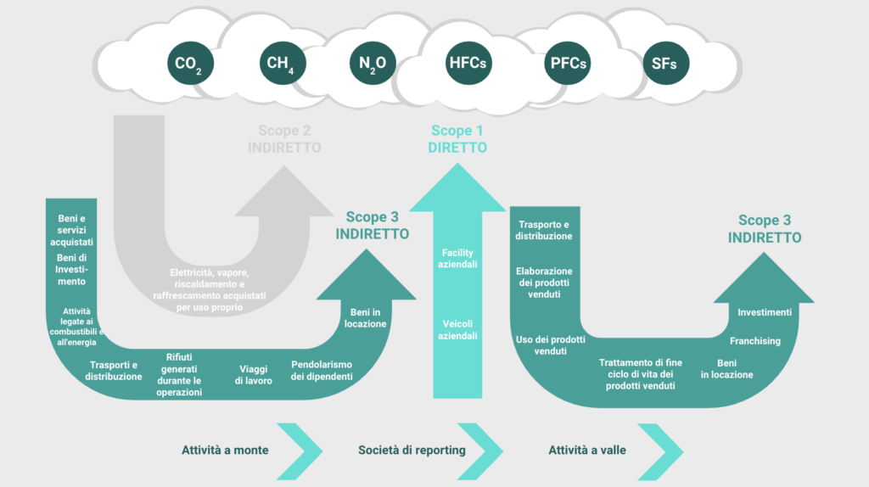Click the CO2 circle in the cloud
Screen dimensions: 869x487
[x=190, y=63]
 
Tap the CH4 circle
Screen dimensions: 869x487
[x=283, y=63]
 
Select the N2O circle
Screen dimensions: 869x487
[x=373, y=63]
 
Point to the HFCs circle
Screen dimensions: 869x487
[x=468, y=63]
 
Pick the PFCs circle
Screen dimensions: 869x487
[x=568, y=63]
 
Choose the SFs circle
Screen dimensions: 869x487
[x=665, y=63]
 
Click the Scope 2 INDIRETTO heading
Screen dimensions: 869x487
[x=284, y=139]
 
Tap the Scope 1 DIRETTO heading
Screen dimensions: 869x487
[x=457, y=139]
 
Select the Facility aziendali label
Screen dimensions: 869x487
[x=457, y=259]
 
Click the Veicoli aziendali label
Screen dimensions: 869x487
[x=457, y=330]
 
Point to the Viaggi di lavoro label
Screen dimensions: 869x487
[x=253, y=375]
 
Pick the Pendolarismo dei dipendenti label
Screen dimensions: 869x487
[x=322, y=371]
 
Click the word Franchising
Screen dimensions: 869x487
[x=754, y=341]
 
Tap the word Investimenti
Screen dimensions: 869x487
[x=765, y=312]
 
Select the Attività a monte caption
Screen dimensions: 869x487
[x=225, y=451]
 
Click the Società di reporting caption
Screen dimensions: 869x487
[x=412, y=451]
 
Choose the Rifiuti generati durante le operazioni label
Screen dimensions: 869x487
[x=179, y=375]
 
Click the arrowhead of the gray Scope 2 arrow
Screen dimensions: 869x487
[x=284, y=191]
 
